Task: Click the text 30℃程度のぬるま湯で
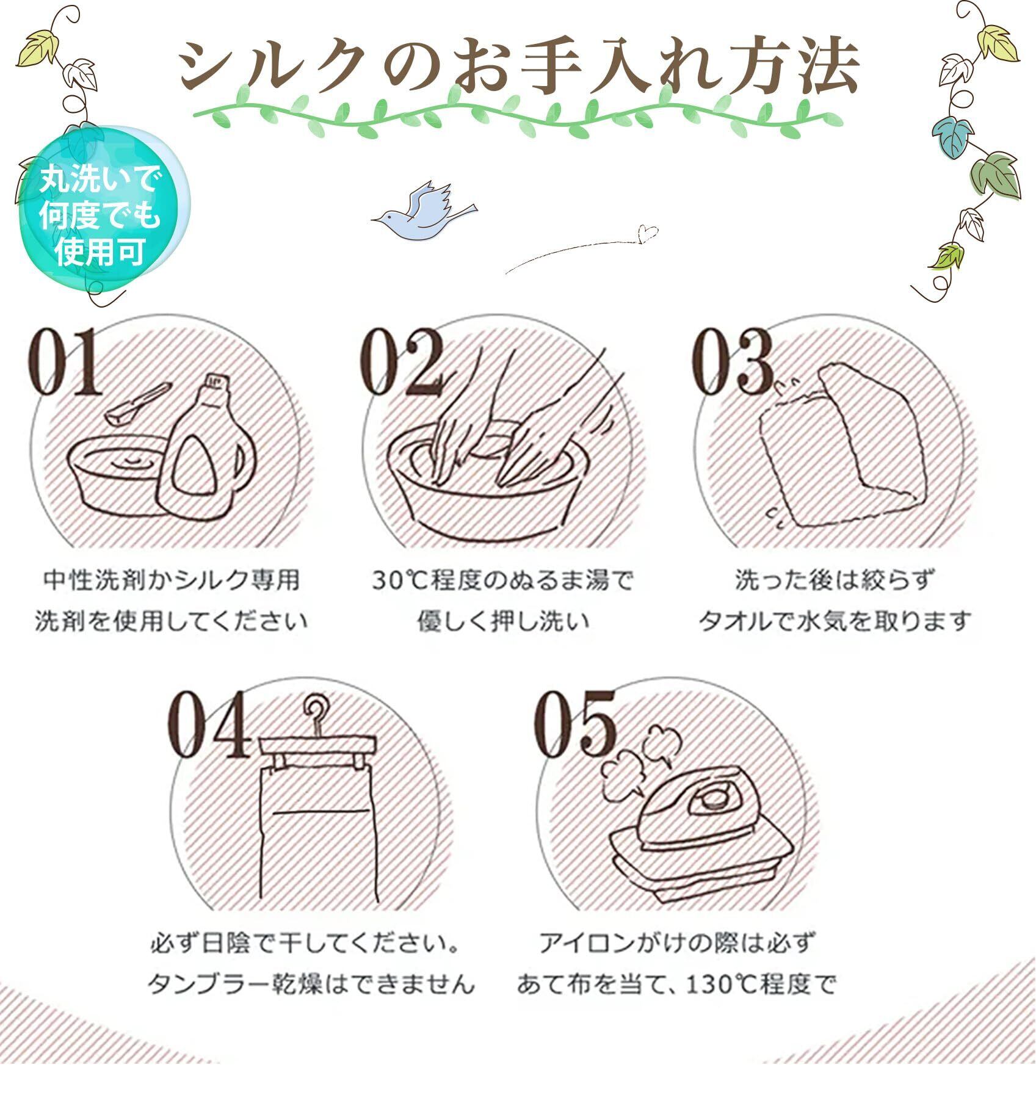tap(502, 579)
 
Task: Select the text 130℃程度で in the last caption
tap(759, 985)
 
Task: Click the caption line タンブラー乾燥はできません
tap(311, 985)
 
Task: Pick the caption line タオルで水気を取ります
tap(834, 622)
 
